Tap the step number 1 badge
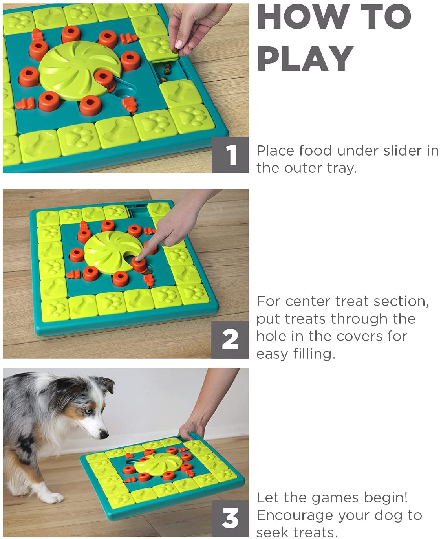230,155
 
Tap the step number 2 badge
230,340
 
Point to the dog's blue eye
88,411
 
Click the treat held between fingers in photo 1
176,50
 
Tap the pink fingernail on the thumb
179,44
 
